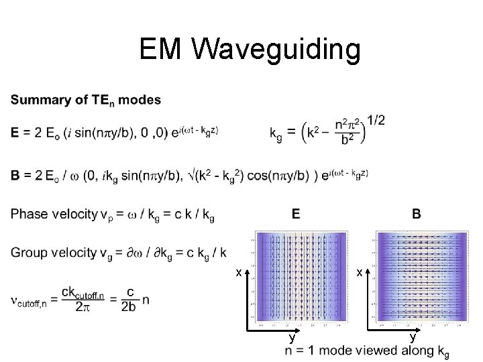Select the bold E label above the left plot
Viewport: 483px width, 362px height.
click(296, 215)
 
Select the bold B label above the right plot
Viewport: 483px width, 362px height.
click(417, 215)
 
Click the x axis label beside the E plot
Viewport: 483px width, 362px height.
click(238, 273)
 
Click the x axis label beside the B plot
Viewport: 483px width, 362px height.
click(360, 273)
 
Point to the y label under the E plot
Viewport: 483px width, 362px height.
click(291, 336)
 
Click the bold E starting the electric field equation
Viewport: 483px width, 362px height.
click(15, 133)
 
